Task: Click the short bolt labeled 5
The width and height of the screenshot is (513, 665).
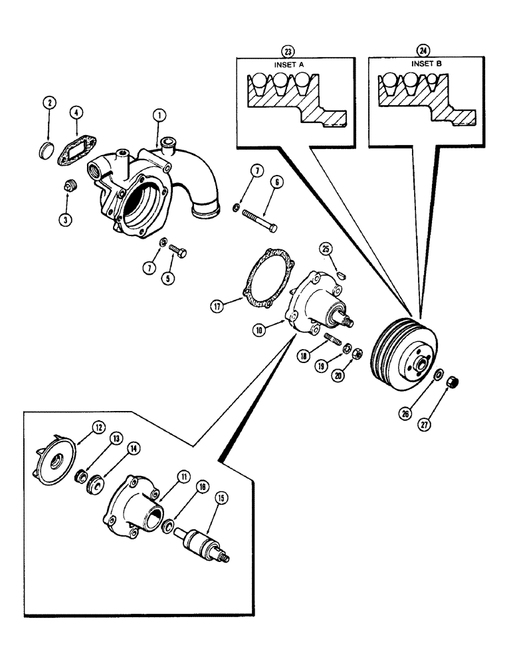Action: pyautogui.click(x=179, y=251)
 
